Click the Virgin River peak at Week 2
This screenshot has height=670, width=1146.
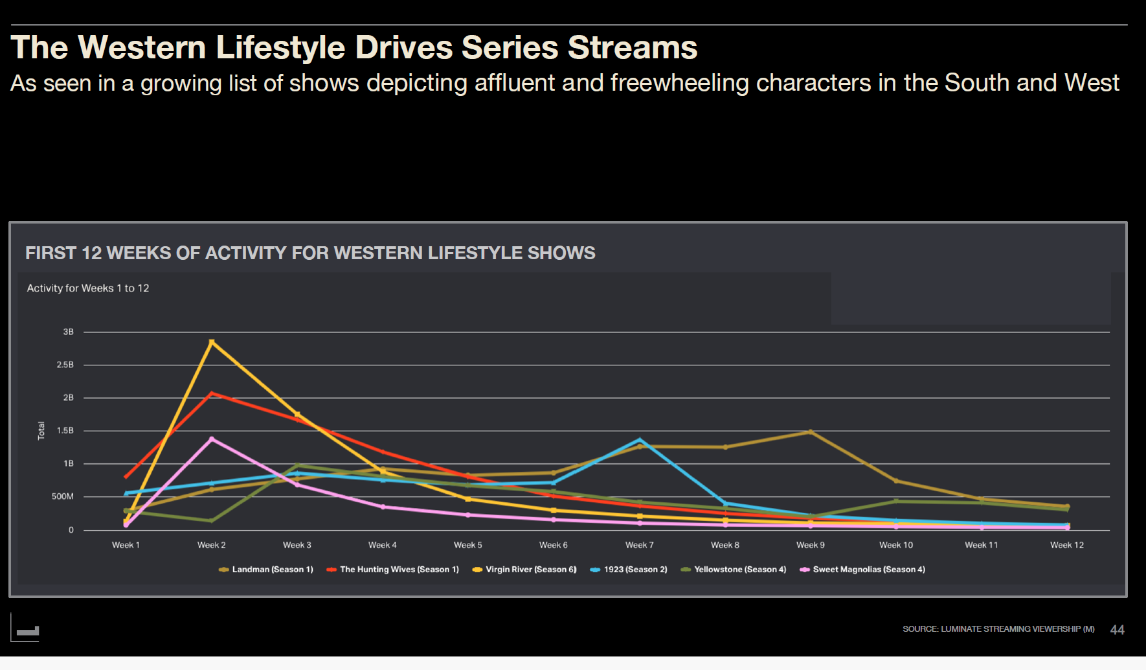[x=212, y=341]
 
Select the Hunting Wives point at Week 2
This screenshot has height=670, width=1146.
[x=212, y=393]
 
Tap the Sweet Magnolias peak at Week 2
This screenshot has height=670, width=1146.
[x=212, y=439]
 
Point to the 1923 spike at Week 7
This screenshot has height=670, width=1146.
[x=640, y=440]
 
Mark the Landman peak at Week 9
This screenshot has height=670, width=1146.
[x=811, y=432]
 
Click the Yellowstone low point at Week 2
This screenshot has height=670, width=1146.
[x=212, y=520]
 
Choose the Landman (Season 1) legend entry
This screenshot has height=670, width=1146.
[x=266, y=570]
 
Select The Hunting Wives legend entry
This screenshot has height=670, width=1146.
[x=393, y=570]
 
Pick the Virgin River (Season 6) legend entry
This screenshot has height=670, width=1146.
[x=524, y=570]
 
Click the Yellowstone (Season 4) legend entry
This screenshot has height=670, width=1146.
[x=734, y=570]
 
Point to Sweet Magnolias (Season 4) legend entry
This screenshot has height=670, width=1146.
[x=862, y=570]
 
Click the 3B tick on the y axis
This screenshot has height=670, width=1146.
[x=68, y=332]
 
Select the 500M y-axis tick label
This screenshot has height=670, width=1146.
[x=63, y=497]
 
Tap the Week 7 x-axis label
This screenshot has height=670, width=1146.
[x=640, y=545]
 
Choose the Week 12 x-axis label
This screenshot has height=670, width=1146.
[x=1067, y=545]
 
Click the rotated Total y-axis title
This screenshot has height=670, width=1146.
[x=41, y=431]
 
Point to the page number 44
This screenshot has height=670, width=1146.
[x=1117, y=630]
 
